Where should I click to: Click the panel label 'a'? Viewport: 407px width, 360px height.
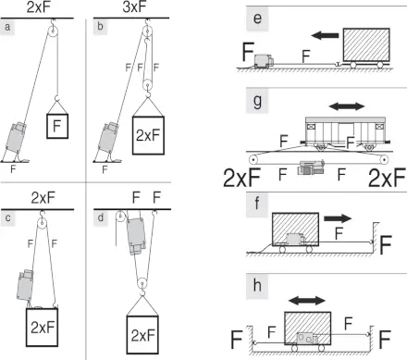tap(7, 27)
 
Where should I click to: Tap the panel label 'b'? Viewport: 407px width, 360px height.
tap(100, 27)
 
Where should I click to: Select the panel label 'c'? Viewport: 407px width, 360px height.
tap(7, 218)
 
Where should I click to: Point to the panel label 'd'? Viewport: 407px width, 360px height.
tap(101, 217)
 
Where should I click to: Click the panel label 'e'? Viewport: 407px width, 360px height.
tap(257, 19)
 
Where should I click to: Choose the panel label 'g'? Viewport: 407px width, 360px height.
tap(257, 101)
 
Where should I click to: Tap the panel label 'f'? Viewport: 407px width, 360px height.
tap(256, 204)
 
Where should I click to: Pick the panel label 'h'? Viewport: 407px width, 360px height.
tap(257, 285)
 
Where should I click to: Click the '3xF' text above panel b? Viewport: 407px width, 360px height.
tap(134, 7)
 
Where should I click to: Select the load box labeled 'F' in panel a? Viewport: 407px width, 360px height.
tap(57, 126)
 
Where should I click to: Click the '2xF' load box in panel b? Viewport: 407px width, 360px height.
tap(148, 135)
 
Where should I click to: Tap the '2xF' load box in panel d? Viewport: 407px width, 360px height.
tap(142, 335)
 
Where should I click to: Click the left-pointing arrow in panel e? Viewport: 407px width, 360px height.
tap(325, 35)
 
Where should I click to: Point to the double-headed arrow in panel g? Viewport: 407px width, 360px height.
tap(347, 106)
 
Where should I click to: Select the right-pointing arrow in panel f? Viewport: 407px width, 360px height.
tap(338, 218)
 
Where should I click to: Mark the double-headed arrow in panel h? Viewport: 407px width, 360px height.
tap(307, 301)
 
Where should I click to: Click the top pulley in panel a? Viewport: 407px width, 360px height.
tap(53, 31)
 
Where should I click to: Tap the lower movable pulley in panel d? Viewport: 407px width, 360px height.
tap(142, 283)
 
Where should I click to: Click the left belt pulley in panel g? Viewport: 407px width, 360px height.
tap(253, 160)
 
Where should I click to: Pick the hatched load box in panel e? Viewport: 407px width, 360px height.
tap(366, 44)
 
